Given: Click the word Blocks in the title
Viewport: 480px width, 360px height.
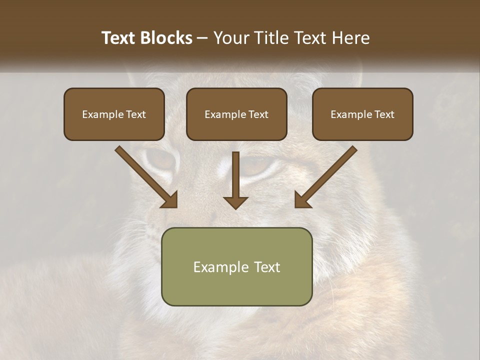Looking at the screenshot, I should (x=167, y=38).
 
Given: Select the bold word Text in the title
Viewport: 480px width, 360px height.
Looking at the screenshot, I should (x=120, y=38).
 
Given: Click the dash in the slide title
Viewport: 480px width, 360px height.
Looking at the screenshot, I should (x=202, y=38).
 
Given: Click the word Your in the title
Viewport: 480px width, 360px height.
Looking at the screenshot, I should (x=231, y=38).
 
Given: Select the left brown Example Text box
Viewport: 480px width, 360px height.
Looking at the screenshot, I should (x=114, y=114).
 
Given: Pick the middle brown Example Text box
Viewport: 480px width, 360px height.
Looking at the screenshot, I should (x=236, y=114).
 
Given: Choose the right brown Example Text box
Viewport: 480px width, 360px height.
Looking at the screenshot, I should (x=362, y=114).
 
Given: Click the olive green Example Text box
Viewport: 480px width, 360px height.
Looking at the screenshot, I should (x=236, y=266).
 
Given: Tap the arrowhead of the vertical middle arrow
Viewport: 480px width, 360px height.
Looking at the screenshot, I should (x=235, y=202).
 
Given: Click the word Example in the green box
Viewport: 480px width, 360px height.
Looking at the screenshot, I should (x=218, y=267).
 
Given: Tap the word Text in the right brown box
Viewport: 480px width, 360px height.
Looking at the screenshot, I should (x=384, y=114).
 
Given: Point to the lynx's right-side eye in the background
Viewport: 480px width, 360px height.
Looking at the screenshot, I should (x=257, y=165).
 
